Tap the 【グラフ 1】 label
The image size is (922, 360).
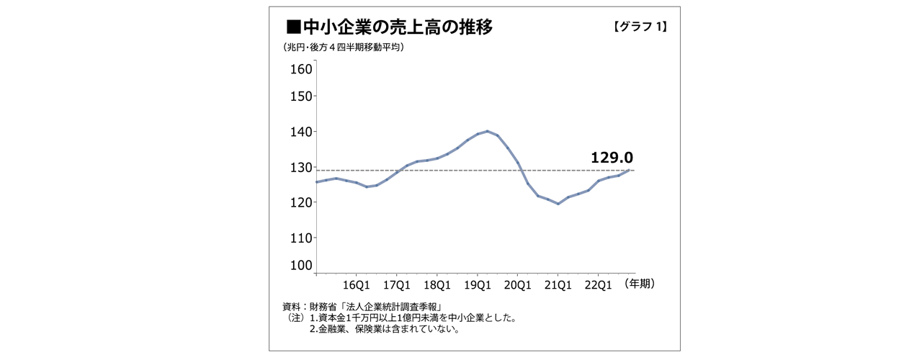640,27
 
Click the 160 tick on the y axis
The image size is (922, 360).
301,69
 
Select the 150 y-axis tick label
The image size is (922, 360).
301,96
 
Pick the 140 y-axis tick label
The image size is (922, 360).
301,132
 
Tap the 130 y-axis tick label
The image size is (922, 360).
301,167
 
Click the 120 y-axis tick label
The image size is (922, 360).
301,202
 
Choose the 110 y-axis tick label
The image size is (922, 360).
301,238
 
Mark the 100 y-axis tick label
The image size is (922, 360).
301,265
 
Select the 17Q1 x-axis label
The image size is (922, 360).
397,284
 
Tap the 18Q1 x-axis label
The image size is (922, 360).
437,284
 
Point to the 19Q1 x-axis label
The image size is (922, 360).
478,284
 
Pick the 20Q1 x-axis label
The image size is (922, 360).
518,284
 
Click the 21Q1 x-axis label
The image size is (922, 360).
558,284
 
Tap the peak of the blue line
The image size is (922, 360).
488,131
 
